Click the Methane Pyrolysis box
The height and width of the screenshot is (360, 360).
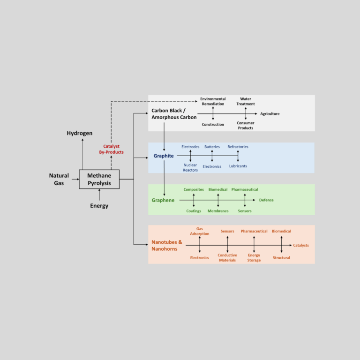(x=99, y=179)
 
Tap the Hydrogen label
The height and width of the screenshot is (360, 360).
(x=80, y=133)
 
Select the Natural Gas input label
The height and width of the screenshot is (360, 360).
(x=59, y=179)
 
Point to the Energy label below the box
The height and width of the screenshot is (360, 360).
(x=99, y=206)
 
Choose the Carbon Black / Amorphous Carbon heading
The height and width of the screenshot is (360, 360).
(x=174, y=114)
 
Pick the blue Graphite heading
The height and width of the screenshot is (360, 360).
(x=164, y=156)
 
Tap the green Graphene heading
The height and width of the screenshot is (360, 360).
(x=163, y=200)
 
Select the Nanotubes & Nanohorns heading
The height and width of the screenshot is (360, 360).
(x=167, y=245)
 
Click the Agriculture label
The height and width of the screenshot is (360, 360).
(x=270, y=114)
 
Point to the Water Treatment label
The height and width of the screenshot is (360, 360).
(x=246, y=101)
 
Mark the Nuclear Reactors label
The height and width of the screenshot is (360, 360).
(x=190, y=167)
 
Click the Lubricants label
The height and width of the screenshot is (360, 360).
(x=238, y=166)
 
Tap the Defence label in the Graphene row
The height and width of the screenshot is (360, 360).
(x=266, y=200)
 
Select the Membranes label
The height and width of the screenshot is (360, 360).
(x=218, y=211)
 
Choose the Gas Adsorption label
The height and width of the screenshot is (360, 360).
(x=200, y=231)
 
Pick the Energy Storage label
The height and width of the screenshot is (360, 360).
(x=254, y=258)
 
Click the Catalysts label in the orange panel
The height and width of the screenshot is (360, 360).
(x=301, y=245)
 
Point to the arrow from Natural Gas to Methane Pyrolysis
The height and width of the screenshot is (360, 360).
(x=75, y=179)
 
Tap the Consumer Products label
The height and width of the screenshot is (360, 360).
(x=246, y=125)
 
